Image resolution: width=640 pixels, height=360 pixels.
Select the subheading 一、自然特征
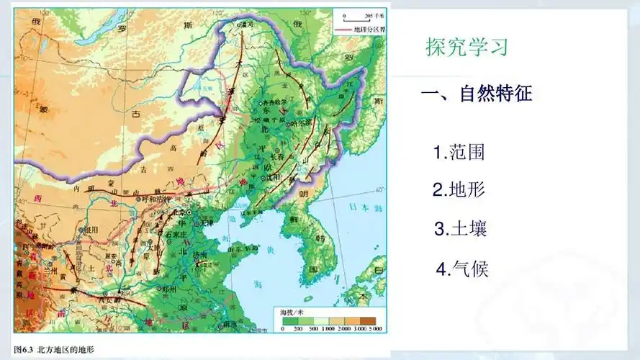click(x=476, y=94)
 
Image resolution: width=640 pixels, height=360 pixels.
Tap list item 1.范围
click(x=459, y=153)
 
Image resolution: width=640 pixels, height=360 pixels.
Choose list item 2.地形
click(x=459, y=190)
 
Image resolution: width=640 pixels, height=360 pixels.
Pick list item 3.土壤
click(x=461, y=230)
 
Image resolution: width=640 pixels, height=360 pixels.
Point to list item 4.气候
click(x=462, y=270)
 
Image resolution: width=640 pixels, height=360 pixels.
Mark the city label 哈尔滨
click(x=301, y=123)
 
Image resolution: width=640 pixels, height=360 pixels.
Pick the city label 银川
click(x=91, y=230)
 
